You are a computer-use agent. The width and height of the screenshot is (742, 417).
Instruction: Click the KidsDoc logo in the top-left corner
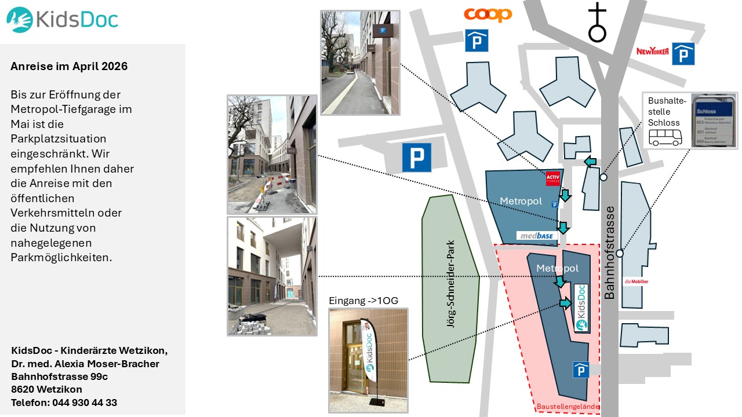62,20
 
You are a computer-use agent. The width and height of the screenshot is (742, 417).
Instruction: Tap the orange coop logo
488,14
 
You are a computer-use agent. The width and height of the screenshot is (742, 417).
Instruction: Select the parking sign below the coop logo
477,41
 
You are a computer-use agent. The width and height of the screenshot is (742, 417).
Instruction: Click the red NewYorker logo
652,52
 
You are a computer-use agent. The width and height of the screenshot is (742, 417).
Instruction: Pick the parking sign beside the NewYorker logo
683,54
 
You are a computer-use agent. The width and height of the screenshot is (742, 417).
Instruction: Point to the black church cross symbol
597,23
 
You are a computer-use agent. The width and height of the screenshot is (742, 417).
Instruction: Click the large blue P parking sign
417,158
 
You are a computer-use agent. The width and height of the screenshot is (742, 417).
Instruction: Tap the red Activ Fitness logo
552,178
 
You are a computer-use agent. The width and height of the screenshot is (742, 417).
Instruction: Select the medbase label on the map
537,235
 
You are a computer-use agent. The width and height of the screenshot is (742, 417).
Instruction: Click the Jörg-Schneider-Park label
451,284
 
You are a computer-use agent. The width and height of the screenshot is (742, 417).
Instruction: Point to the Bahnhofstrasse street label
609,253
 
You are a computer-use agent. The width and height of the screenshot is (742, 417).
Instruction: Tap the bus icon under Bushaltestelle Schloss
665,137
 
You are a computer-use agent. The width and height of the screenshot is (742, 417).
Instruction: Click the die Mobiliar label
636,282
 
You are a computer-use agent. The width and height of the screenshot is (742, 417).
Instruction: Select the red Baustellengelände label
568,407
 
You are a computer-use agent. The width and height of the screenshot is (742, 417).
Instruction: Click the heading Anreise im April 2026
69,66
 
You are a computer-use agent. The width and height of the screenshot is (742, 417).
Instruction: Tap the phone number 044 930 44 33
85,402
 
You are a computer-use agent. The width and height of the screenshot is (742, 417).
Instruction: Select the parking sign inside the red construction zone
581,370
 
